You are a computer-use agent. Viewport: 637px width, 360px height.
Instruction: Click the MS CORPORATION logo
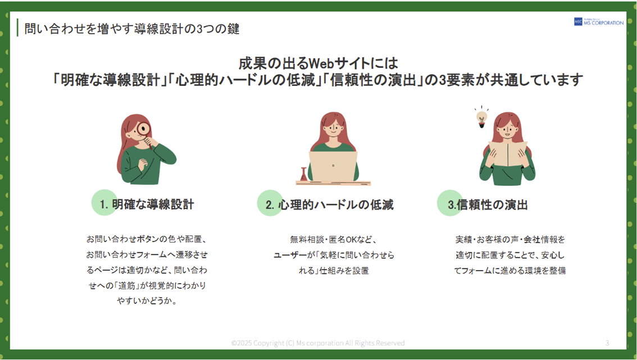click(598, 22)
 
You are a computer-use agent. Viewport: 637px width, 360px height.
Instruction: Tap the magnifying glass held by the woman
click(143, 130)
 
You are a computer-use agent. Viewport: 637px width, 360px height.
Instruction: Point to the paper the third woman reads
click(508, 154)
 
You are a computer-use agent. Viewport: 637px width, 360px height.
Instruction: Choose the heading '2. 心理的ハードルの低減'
click(330, 205)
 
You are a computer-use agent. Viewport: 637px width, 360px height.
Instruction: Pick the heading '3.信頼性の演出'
click(488, 205)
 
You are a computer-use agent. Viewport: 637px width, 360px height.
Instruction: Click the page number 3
click(607, 343)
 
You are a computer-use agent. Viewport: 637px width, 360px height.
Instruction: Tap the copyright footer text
click(318, 343)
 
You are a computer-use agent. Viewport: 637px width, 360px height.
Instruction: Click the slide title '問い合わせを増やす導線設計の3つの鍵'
click(132, 29)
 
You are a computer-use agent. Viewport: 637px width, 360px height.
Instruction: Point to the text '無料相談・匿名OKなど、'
click(334, 239)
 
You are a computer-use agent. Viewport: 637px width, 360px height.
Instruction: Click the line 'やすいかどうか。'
click(147, 301)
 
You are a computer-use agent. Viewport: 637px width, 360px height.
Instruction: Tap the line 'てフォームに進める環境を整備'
click(510, 271)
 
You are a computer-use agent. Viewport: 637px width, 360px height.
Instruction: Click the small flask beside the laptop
click(303, 174)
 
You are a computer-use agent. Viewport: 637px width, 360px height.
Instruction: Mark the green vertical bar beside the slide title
click(17, 28)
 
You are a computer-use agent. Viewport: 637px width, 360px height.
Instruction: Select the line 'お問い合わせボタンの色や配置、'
click(147, 239)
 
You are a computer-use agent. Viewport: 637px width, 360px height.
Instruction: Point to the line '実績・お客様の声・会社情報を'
click(510, 239)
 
